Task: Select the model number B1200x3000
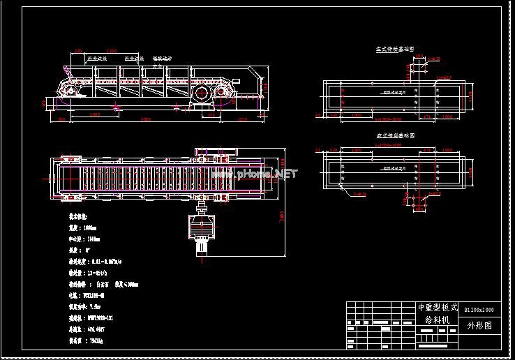(479, 308)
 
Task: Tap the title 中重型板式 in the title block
(438, 308)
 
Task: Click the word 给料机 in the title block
(438, 320)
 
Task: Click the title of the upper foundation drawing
(395, 50)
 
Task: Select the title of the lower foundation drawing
(395, 135)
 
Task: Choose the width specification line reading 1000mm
(83, 227)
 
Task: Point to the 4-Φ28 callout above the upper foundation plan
(433, 59)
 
